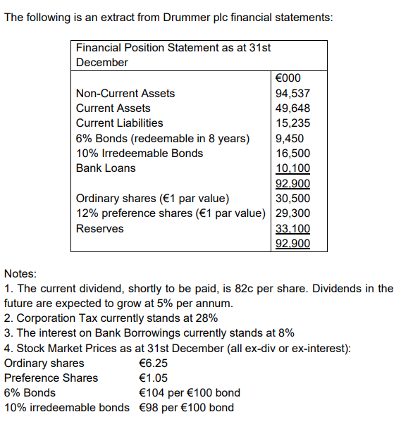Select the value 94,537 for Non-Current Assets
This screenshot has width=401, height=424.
pyautogui.click(x=292, y=93)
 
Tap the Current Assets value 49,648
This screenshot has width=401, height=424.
pyautogui.click(x=292, y=108)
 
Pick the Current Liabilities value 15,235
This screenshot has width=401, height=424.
pyautogui.click(x=292, y=123)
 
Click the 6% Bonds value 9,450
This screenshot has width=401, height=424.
pyautogui.click(x=290, y=138)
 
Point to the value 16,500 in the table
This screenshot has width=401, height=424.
pyautogui.click(x=292, y=154)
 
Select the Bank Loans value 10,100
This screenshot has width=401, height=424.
pyautogui.click(x=292, y=168)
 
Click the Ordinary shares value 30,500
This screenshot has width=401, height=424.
pyautogui.click(x=292, y=199)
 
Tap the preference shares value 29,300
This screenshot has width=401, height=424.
pyautogui.click(x=292, y=213)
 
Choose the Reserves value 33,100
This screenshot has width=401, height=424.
pyautogui.click(x=292, y=229)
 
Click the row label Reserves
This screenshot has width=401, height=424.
pyautogui.click(x=99, y=229)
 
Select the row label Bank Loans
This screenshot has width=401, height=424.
pyautogui.click(x=106, y=168)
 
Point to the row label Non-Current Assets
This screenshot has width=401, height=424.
pyautogui.click(x=125, y=93)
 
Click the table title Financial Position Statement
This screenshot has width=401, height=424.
pyautogui.click(x=173, y=48)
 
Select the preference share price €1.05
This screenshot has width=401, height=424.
pyautogui.click(x=154, y=378)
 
